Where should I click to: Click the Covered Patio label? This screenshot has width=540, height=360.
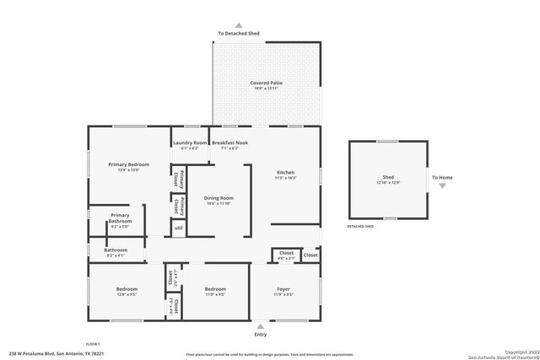tap(266, 83)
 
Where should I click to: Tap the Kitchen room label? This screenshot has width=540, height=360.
tap(286, 173)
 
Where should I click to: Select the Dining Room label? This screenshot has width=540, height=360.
tap(218, 197)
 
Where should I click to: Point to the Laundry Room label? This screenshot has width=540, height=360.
tap(190, 143)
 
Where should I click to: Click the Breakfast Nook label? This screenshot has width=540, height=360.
tap(229, 143)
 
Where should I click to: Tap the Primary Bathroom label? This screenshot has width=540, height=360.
tap(121, 218)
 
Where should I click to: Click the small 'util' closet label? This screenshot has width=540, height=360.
tap(178, 228)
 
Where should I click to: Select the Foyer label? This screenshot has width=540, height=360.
tap(283, 289)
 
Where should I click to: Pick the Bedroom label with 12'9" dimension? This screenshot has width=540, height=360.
tap(127, 289)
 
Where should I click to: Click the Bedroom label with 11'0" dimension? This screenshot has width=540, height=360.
tap(215, 289)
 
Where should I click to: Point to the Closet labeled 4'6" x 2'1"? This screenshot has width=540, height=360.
tap(286, 252)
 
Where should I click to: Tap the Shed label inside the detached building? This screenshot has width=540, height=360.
tap(387, 178)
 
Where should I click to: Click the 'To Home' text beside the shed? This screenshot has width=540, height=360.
tap(442, 178)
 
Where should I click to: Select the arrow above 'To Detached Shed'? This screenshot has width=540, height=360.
tap(238, 26)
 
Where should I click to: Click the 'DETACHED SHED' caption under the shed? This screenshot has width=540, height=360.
tap(360, 227)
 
